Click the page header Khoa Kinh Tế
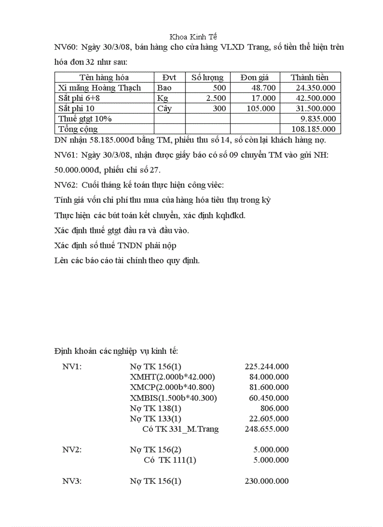coord(193,37)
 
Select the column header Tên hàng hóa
coord(104,77)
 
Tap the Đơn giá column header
coord(254,77)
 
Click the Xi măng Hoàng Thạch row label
coord(99,88)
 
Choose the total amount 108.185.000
coord(314,129)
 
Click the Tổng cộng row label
coord(78,129)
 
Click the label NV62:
coord(66,185)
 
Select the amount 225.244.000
coord(267,367)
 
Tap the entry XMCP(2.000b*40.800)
coord(172,387)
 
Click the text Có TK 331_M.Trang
coord(180,429)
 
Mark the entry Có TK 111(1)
coord(170,460)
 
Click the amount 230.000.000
coord(267,481)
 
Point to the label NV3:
coord(72,481)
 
